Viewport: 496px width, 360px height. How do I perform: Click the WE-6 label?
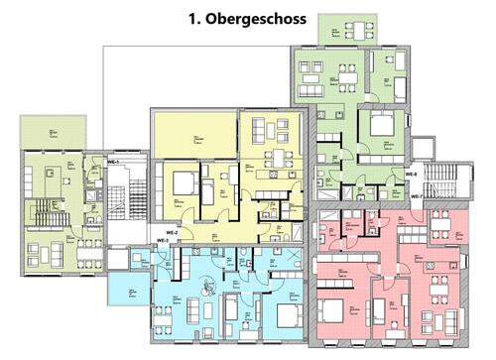[x=411, y=175]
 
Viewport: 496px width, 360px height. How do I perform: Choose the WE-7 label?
[x=417, y=196]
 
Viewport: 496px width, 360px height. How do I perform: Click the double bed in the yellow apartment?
[x=183, y=182]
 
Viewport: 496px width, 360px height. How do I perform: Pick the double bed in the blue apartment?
[x=288, y=316]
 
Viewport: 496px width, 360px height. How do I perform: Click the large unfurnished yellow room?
[x=195, y=134]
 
